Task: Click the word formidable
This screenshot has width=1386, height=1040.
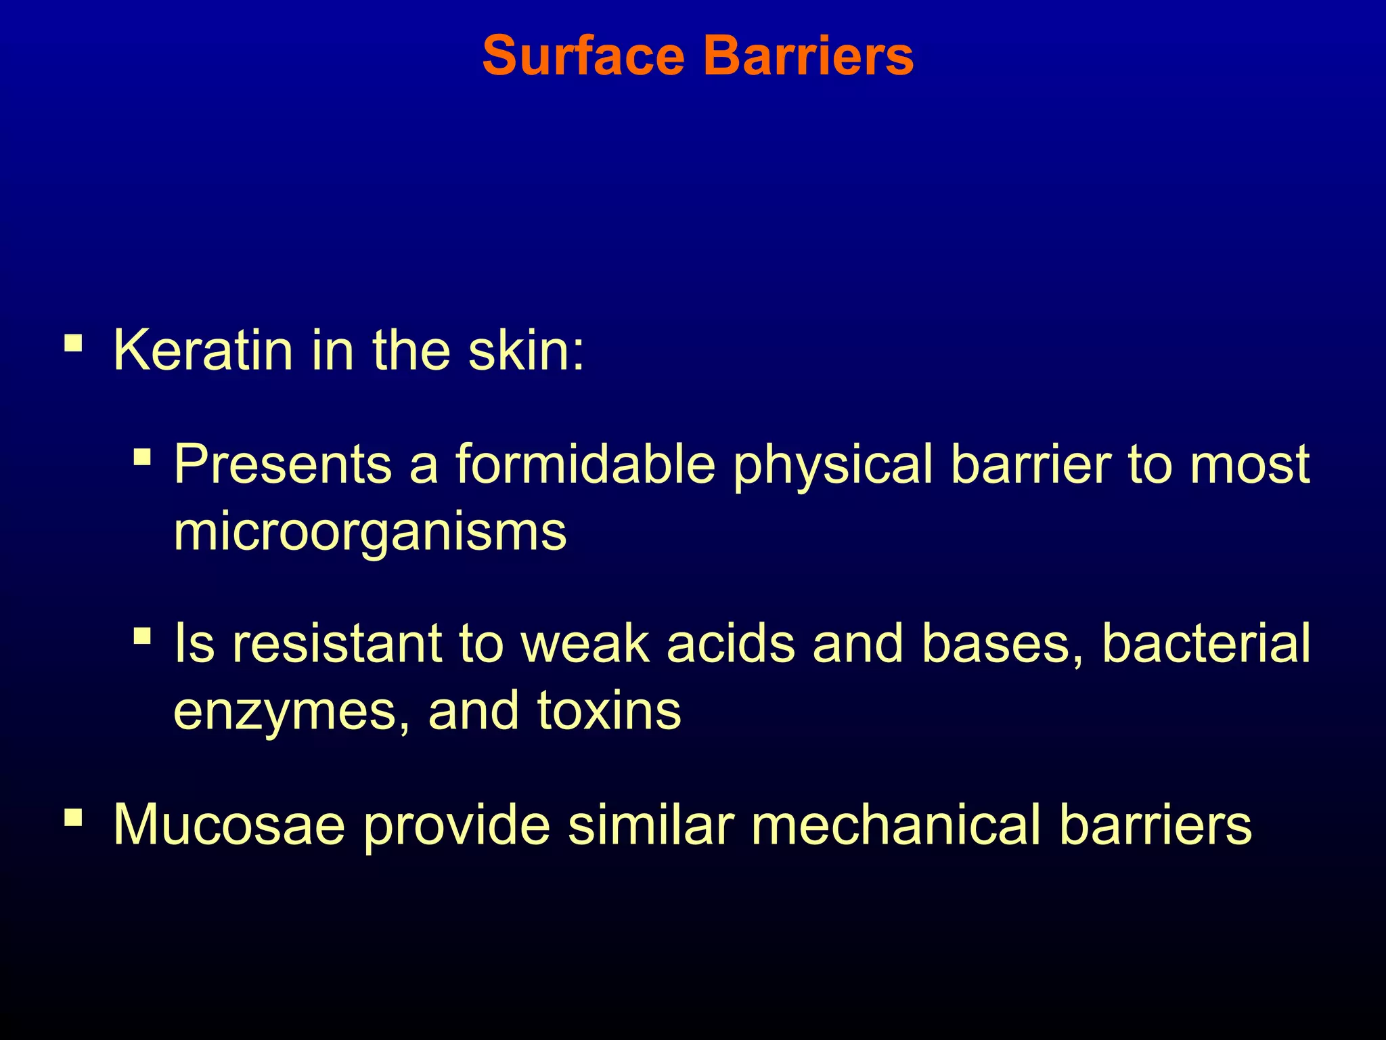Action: coord(585,464)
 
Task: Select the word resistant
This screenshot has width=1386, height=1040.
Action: coord(337,643)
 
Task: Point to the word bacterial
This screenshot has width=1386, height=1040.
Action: coord(1206,643)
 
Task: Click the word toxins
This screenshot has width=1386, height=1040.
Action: coord(609,711)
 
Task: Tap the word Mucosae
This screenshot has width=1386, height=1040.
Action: coord(229,825)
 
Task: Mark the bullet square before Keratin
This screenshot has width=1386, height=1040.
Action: coord(73,343)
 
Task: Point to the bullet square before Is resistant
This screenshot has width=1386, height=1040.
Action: coord(142,636)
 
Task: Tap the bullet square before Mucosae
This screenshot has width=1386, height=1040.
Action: coord(73,818)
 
